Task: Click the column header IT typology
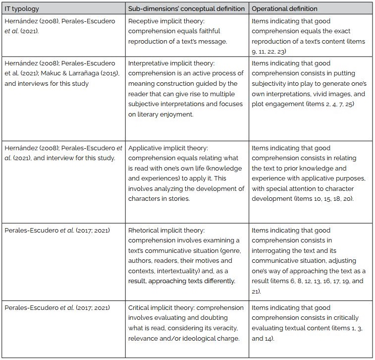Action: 22,8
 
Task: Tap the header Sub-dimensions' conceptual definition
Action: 186,8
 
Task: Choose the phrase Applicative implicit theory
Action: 168,148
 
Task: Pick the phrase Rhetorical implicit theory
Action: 166,231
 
